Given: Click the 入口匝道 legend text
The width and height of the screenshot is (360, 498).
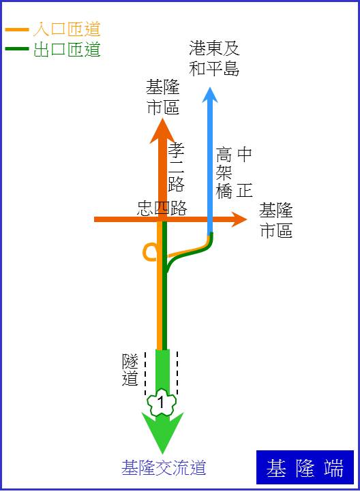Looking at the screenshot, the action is click(67, 29).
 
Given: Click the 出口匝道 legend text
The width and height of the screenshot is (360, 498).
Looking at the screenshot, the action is click(67, 50).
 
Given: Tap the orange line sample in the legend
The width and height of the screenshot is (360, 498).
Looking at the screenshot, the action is click(17, 29).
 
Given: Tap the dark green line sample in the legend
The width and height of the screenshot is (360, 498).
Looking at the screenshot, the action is click(17, 49).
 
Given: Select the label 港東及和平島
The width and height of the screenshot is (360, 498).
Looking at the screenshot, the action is click(214, 59).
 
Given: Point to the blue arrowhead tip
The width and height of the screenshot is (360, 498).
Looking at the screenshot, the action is click(210, 87).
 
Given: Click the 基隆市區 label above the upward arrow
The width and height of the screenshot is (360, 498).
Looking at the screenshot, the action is click(163, 97).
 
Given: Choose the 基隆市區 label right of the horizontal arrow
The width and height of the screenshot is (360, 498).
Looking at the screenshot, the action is click(276, 220).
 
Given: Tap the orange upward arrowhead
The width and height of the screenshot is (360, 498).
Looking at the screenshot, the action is click(163, 131).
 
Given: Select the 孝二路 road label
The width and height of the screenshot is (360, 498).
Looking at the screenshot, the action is click(176, 167).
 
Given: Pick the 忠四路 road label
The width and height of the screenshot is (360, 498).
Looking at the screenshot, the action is click(162, 208).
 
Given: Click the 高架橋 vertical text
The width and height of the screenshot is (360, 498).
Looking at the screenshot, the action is click(224, 173).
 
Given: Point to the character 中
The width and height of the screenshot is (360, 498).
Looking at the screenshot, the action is click(244, 155).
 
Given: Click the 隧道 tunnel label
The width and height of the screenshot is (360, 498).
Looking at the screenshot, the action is click(130, 369).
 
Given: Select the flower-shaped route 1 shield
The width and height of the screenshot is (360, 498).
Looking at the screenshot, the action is click(162, 402).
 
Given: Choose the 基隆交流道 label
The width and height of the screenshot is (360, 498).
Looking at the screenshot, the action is click(164, 468).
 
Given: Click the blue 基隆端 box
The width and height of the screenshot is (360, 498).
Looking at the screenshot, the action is click(305, 467).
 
